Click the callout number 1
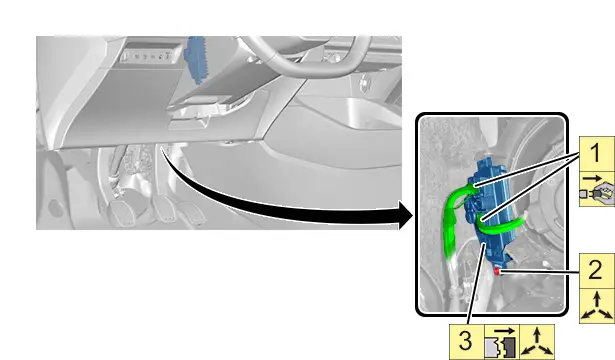pyautogui.click(x=595, y=153)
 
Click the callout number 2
pyautogui.click(x=595, y=270)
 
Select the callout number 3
pyautogui.click(x=466, y=340)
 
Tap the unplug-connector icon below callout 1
pyautogui.click(x=597, y=189)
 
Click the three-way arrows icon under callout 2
pyautogui.click(x=597, y=306)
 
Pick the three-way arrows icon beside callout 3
pyautogui.click(x=537, y=342)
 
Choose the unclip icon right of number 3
pyautogui.click(x=502, y=342)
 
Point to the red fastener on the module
pyautogui.click(x=497, y=271)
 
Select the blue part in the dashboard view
pyautogui.click(x=197, y=59)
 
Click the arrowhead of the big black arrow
pyautogui.click(x=406, y=215)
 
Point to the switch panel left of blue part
pyautogui.click(x=151, y=55)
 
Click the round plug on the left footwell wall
pyautogui.click(x=55, y=207)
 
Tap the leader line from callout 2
pyautogui.click(x=540, y=271)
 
